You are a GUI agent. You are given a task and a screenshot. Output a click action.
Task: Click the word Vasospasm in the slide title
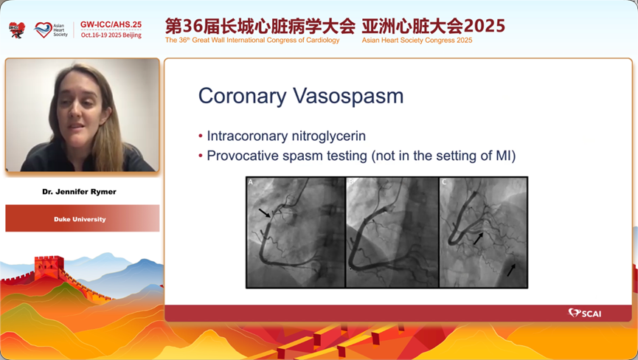348,97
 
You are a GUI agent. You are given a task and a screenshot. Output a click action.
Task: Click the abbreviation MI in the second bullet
504,156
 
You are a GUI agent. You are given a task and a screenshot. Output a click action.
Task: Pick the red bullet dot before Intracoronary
201,136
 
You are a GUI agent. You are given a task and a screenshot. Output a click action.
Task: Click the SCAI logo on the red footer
585,314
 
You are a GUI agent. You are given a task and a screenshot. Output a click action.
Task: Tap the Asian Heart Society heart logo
43,30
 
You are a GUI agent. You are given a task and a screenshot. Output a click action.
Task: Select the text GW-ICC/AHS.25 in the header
111,24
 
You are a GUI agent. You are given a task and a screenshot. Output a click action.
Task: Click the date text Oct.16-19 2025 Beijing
111,35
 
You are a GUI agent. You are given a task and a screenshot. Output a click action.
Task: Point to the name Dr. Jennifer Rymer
80,192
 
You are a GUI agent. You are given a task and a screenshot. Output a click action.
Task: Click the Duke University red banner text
80,219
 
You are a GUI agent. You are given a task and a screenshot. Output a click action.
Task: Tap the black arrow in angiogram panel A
265,212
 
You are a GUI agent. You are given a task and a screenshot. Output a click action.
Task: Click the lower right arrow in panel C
511,270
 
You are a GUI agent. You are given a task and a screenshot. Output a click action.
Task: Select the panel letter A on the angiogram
251,181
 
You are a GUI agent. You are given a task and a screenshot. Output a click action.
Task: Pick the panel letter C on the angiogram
444,181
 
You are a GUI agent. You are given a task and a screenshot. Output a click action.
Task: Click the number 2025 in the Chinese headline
484,26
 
